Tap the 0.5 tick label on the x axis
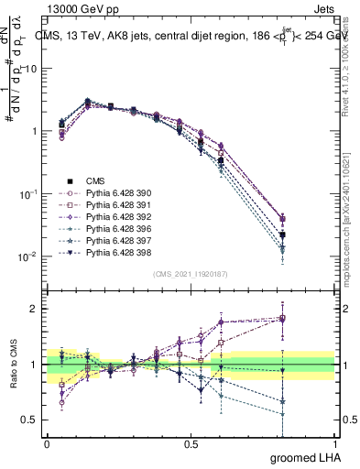coord(191,444)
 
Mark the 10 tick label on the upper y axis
coord(30,69)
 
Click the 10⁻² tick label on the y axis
coord(27,257)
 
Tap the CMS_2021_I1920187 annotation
coord(191,274)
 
